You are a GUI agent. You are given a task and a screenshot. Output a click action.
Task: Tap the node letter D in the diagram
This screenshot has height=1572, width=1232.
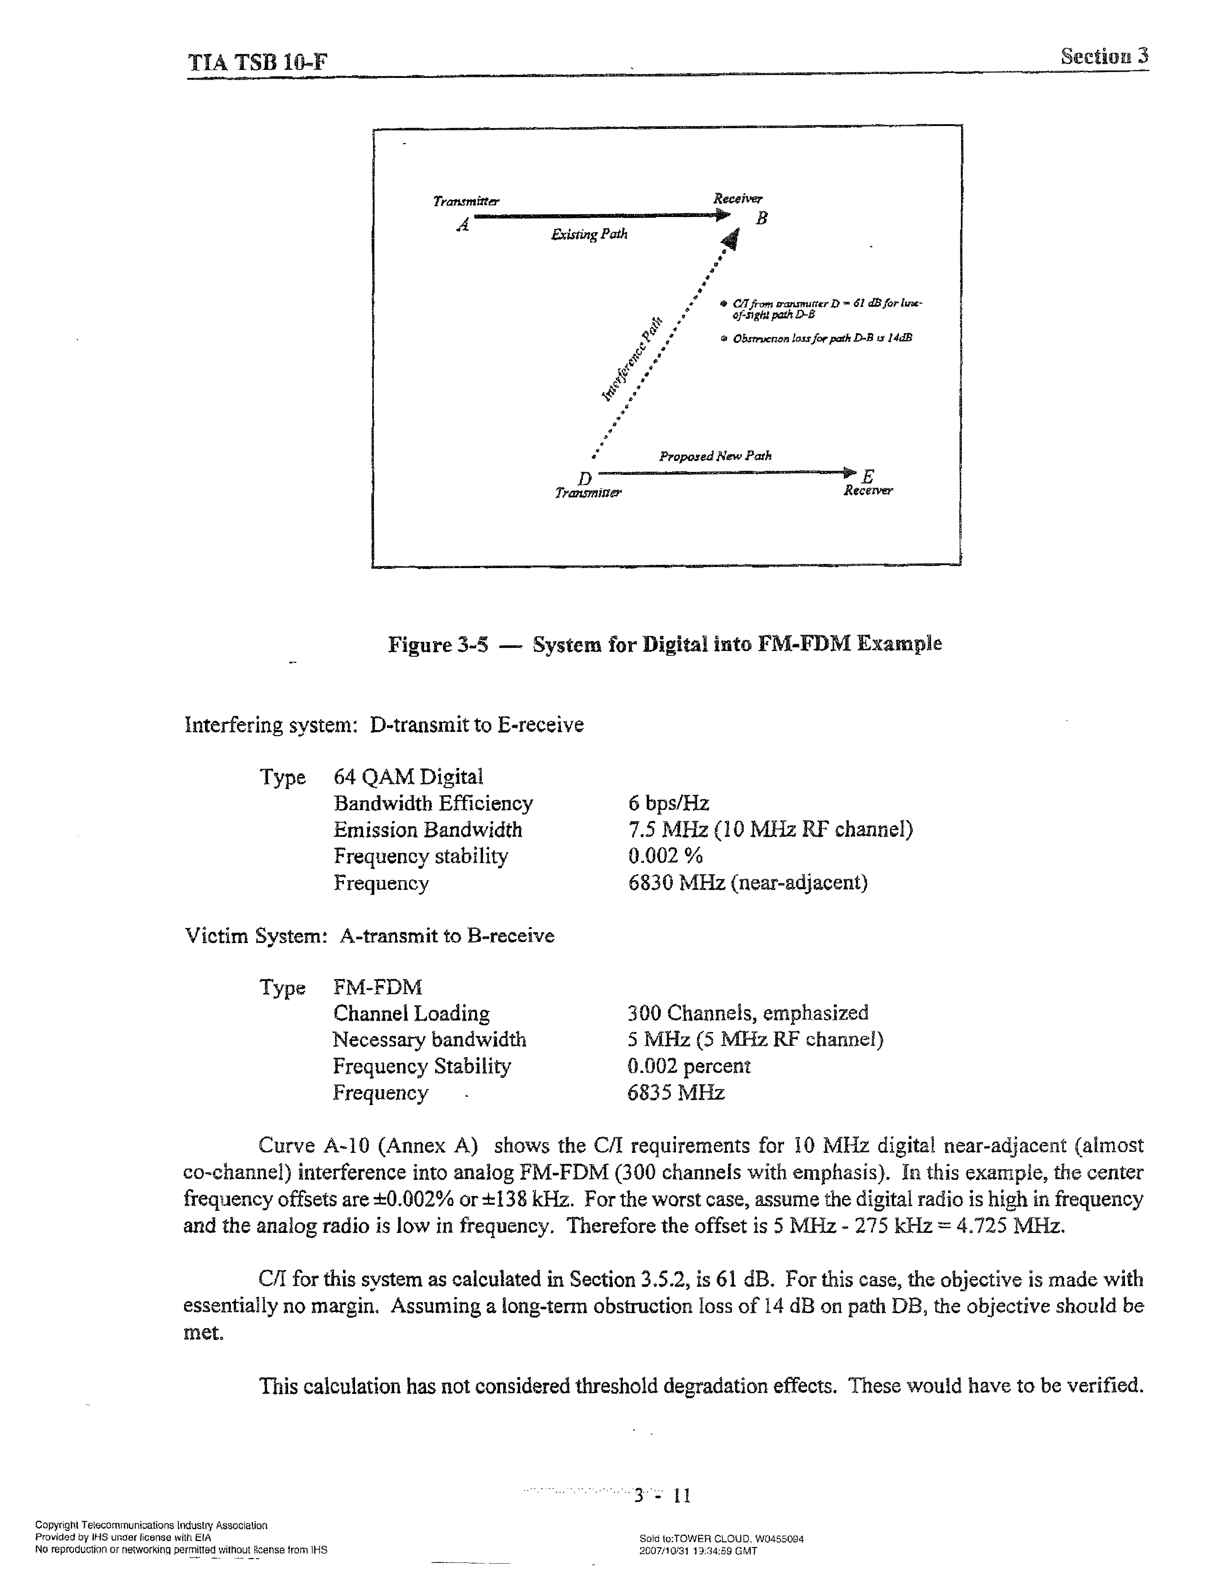click(x=585, y=478)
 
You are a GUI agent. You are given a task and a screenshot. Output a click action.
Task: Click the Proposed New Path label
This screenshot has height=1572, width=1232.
click(x=715, y=456)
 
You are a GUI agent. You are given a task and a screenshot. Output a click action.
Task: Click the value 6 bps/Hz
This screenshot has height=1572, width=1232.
click(x=668, y=803)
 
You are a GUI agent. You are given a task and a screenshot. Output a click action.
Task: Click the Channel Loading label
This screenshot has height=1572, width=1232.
click(x=411, y=1013)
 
